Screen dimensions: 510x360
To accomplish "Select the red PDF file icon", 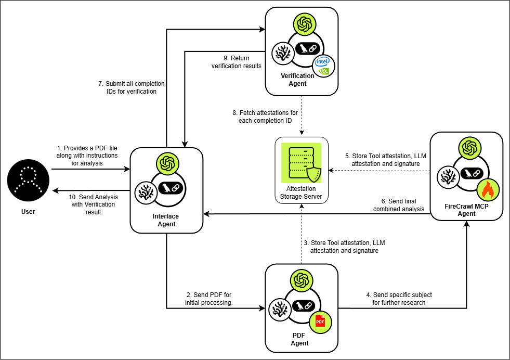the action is pyautogui.click(x=320, y=321).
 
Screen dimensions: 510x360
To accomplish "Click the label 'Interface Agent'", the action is pyautogui.click(x=166, y=221).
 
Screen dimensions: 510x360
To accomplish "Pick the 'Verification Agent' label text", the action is pyautogui.click(x=302, y=80).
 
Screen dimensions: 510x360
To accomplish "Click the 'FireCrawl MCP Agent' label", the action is pyautogui.click(x=467, y=210).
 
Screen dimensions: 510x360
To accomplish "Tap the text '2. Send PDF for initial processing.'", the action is pyautogui.click(x=208, y=299).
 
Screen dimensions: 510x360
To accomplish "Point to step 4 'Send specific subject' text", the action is pyautogui.click(x=399, y=299).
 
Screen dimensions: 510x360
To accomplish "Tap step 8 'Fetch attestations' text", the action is pyautogui.click(x=265, y=117).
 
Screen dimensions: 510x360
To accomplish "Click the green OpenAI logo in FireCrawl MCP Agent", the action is pyautogui.click(x=467, y=147).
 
